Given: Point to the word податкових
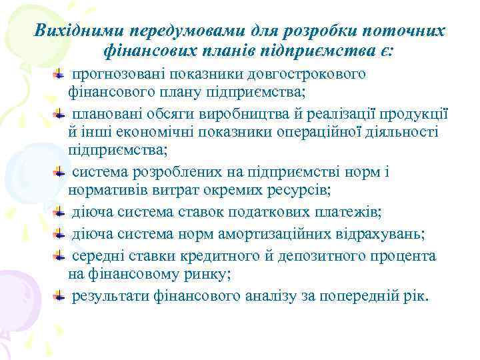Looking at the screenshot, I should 281,213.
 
